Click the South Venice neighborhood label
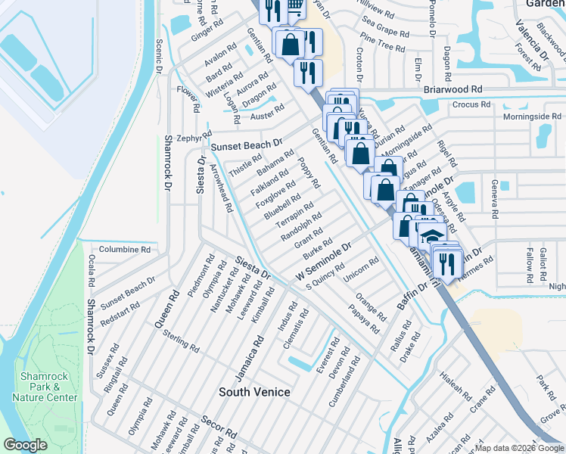pos(254,391)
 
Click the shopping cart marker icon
pos(296,7)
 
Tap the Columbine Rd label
pos(125,248)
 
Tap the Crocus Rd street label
pos(471,104)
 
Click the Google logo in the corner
pos(25,445)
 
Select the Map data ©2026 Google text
pos(519,448)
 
